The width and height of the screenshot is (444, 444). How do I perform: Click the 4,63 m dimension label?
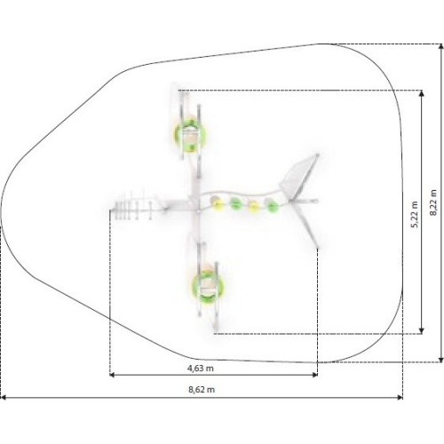[201, 369]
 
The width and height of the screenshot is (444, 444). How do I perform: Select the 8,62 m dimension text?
[202, 390]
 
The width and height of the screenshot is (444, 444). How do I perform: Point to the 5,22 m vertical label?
[415, 215]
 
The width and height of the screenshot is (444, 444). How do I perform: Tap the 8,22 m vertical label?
[433, 202]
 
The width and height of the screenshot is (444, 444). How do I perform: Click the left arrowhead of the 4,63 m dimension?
[112, 375]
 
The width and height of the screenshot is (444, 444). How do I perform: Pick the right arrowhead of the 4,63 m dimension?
[315, 375]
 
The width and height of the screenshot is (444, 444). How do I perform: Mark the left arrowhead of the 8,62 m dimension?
[3, 398]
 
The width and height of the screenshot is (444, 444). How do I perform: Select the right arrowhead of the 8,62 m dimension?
[400, 398]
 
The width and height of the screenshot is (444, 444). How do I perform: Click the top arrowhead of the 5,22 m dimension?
[422, 93]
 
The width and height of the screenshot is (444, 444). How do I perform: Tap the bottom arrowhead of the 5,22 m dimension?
[422, 330]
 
